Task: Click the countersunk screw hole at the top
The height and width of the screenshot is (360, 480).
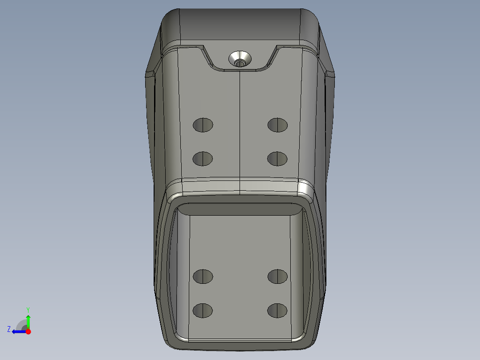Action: pyautogui.click(x=240, y=59)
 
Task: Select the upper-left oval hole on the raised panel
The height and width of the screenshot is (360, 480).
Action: pyautogui.click(x=203, y=125)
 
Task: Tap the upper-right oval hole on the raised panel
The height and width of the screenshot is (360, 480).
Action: pyautogui.click(x=278, y=125)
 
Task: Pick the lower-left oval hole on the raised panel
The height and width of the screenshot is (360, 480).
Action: pyautogui.click(x=203, y=159)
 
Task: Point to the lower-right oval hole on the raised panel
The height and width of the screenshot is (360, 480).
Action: pyautogui.click(x=277, y=159)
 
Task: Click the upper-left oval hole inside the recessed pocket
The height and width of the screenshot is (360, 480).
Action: pyautogui.click(x=203, y=277)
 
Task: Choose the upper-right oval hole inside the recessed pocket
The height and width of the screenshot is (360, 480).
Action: pyautogui.click(x=278, y=277)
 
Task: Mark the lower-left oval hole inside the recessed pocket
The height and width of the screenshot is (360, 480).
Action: pyautogui.click(x=203, y=311)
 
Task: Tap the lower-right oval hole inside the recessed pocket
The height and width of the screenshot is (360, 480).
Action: pyautogui.click(x=277, y=311)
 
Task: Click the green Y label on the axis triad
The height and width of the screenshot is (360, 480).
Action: pyautogui.click(x=28, y=310)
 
